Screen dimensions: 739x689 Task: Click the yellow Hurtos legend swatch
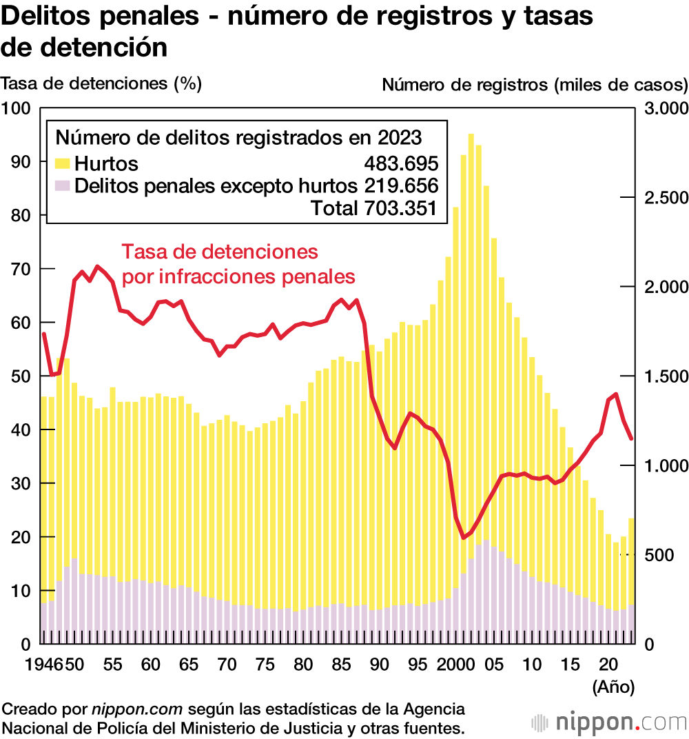pyautogui.click(x=62, y=164)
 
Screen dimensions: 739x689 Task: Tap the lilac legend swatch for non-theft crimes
pyautogui.click(x=62, y=185)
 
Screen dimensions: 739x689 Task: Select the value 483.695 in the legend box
pyautogui.click(x=401, y=164)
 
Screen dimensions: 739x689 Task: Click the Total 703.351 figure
pyautogui.click(x=374, y=207)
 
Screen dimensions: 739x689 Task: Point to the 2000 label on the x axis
pyautogui.click(x=455, y=666)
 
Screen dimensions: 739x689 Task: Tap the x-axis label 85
pyautogui.click(x=341, y=666)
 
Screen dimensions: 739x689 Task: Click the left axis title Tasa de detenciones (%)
pyautogui.click(x=101, y=83)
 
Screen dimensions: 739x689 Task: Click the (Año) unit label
pyautogui.click(x=613, y=687)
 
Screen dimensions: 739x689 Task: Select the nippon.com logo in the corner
pyautogui.click(x=609, y=722)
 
